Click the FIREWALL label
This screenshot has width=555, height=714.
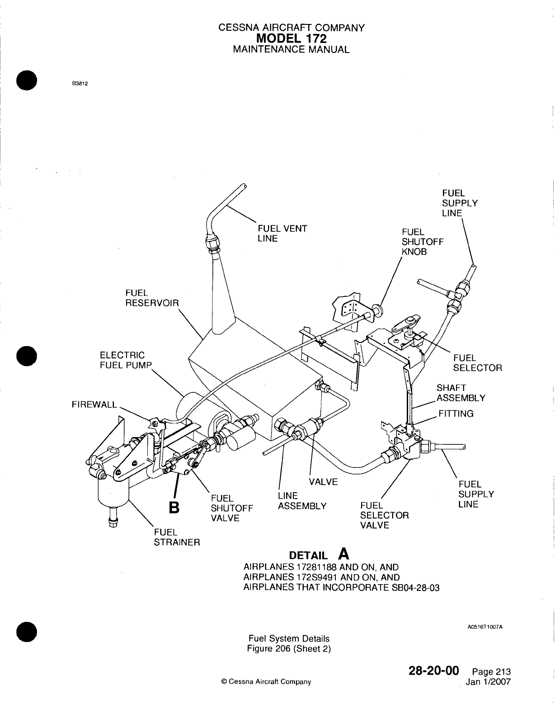click(x=94, y=405)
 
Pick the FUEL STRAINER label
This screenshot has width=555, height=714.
click(x=176, y=537)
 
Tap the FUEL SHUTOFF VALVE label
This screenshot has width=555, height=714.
click(x=231, y=508)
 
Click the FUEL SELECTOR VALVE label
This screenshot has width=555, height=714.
click(x=384, y=515)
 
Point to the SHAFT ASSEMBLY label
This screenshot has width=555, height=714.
click(x=461, y=393)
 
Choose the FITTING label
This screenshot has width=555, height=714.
click(x=456, y=413)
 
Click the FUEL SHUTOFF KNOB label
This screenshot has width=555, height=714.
click(x=422, y=242)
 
